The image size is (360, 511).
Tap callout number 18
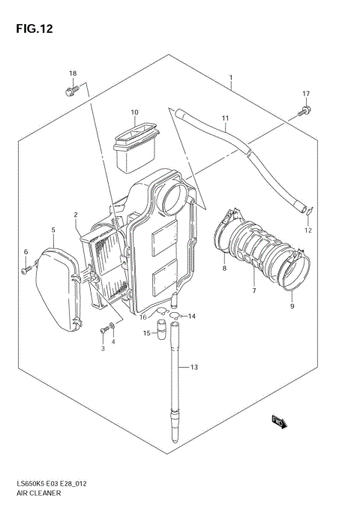tap(73, 73)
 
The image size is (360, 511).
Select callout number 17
tap(305, 93)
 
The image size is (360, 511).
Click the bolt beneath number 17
tap(304, 112)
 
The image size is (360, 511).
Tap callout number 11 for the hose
tap(224, 119)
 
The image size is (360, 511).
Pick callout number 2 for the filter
tap(76, 215)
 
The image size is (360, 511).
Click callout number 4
tap(113, 342)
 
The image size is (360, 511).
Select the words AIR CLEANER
tap(35, 495)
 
